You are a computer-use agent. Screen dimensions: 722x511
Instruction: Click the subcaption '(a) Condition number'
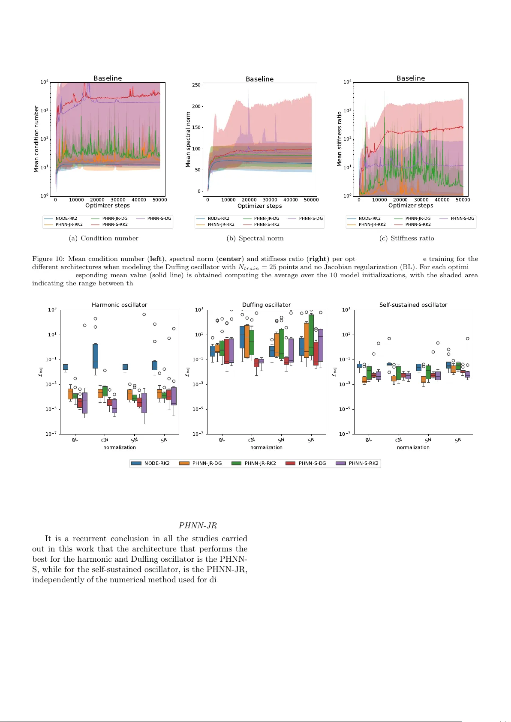(103, 238)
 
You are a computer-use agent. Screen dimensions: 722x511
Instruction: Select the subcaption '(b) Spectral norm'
(255, 238)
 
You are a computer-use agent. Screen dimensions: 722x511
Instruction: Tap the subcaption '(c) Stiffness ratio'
(407, 238)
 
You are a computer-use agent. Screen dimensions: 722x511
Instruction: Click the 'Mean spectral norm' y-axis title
(188, 139)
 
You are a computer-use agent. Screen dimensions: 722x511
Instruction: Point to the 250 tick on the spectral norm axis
(196, 85)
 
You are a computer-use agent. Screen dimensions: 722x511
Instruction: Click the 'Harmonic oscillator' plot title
(119, 305)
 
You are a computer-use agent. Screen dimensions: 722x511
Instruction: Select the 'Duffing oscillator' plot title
(266, 305)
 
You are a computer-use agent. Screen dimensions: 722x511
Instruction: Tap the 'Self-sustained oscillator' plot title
(413, 305)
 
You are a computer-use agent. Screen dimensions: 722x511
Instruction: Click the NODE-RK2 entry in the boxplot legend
(150, 463)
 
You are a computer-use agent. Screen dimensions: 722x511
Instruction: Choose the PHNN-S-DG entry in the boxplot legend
(306, 463)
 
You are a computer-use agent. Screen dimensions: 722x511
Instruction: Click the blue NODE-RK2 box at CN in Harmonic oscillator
(95, 356)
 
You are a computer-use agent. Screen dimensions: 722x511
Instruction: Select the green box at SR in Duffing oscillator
(311, 339)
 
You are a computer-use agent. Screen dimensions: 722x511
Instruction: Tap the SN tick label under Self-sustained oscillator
(428, 440)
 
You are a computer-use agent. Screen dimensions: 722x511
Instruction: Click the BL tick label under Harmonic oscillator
(75, 440)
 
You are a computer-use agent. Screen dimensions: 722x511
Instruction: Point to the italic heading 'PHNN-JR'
(198, 525)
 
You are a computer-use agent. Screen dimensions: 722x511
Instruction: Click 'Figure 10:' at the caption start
(48, 259)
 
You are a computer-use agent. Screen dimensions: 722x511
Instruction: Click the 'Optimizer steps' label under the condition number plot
(107, 205)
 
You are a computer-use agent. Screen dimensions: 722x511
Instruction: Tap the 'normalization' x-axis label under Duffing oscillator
(266, 447)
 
